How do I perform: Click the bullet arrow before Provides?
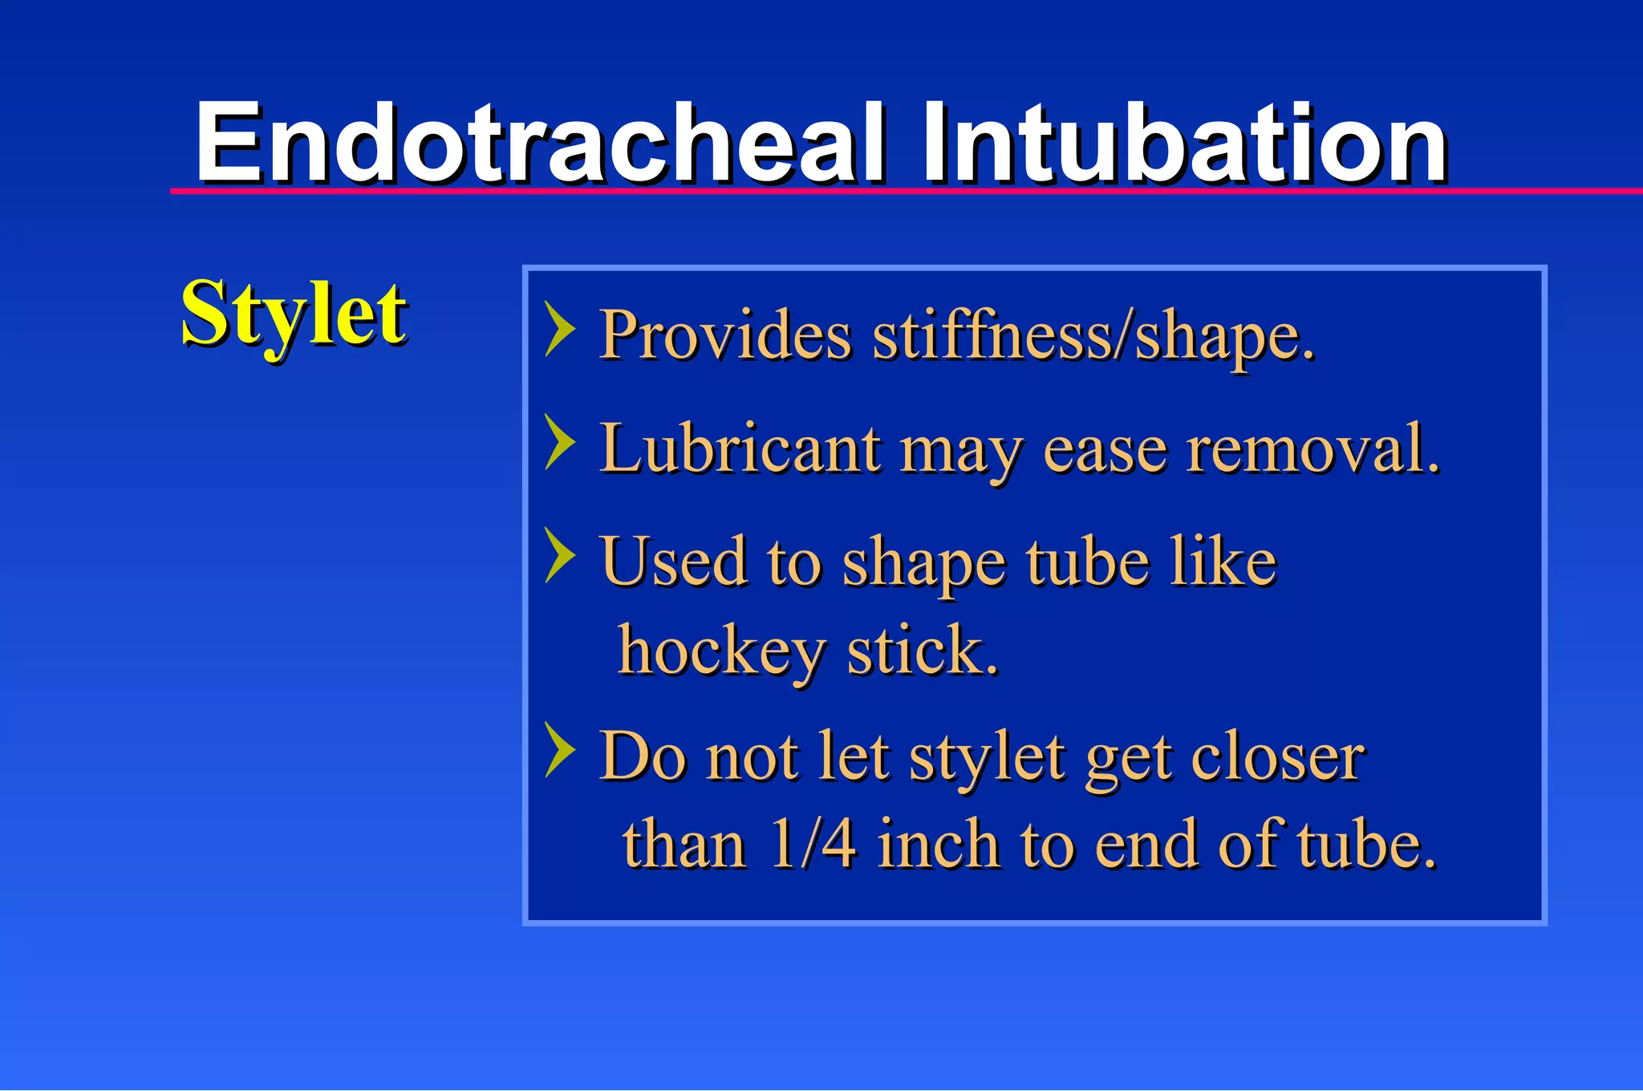point(560,328)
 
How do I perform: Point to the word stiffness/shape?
point(1093,335)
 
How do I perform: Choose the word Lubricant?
point(740,449)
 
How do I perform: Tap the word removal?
point(1312,449)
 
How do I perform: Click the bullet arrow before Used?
point(560,554)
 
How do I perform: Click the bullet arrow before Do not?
point(560,749)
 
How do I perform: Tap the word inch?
point(938,845)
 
